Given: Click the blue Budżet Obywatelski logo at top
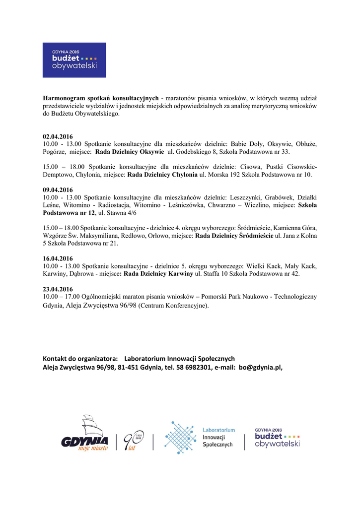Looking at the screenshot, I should tap(74, 60).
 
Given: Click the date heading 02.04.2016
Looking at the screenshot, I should tap(58, 136).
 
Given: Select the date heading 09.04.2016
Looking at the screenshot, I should tap(58, 190).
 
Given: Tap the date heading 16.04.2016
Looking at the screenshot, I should tap(58, 258).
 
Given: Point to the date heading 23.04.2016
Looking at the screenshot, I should tap(58, 289).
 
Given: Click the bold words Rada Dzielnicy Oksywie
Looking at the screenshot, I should tap(130, 151).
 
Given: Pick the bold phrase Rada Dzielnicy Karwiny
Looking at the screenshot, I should tap(158, 273).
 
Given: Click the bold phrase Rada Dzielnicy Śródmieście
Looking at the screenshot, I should tap(234, 236).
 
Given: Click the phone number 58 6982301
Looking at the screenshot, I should tap(194, 368).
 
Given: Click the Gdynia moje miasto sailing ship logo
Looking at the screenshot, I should tap(85, 434).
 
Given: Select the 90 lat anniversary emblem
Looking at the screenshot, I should tap(133, 439).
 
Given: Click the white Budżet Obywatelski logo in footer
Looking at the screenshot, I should tap(277, 438).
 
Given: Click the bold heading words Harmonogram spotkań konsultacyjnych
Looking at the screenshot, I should tap(101, 98).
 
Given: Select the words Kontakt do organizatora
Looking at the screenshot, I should tap(80, 359).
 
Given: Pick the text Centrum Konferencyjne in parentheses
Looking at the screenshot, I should tap(173, 306).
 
